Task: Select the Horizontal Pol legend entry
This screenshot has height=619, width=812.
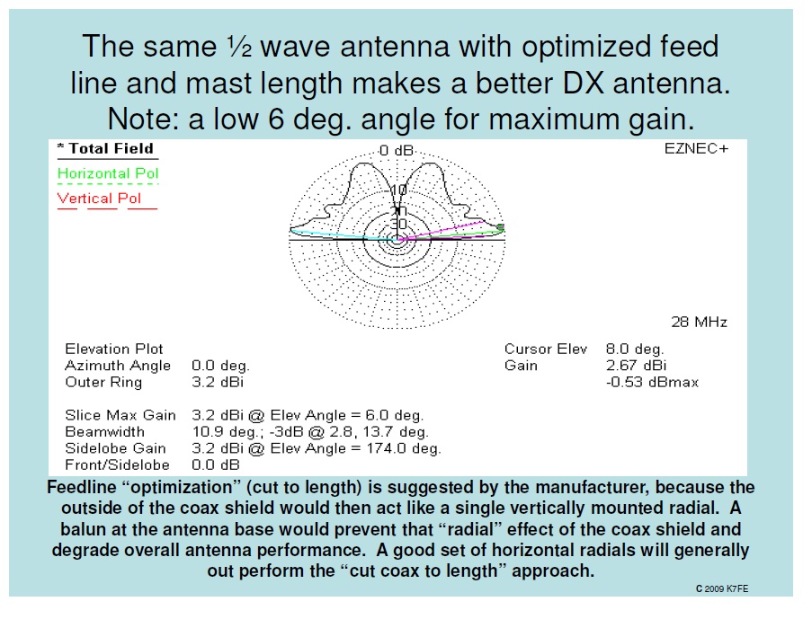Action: coord(108,173)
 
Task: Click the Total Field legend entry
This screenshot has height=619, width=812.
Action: coord(105,149)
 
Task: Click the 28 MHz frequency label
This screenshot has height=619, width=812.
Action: coord(699,322)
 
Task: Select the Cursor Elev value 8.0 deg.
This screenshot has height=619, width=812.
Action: coord(635,349)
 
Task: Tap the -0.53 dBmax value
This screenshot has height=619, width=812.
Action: coord(652,383)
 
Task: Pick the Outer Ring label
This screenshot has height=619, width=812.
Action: coord(103,383)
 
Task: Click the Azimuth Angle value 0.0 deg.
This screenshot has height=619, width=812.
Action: coord(220,366)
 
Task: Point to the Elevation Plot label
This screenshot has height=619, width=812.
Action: coord(114,349)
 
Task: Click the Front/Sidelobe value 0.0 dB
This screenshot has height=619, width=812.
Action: coord(216,465)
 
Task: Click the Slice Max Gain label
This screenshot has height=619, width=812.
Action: coord(120,415)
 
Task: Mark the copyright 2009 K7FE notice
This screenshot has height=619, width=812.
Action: coord(723,588)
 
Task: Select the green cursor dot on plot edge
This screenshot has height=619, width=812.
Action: coord(501,227)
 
